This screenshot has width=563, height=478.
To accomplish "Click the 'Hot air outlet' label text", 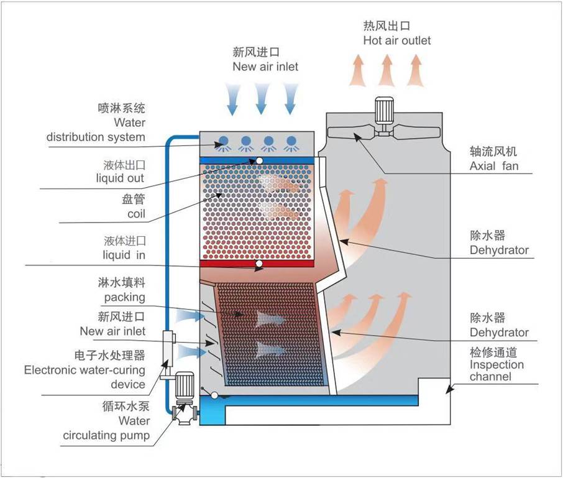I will click(x=396, y=40).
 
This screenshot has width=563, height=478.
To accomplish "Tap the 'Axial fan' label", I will click(x=493, y=166).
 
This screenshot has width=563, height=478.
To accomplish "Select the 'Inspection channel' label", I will click(x=497, y=370).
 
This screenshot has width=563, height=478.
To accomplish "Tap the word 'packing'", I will click(x=124, y=297).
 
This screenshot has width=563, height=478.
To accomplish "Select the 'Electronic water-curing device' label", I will click(x=85, y=377).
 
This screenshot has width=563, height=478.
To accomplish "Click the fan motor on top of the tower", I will click(x=383, y=113).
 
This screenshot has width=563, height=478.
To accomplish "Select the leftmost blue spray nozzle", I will click(x=223, y=142).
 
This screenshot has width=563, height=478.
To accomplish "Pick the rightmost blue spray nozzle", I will click(x=290, y=142).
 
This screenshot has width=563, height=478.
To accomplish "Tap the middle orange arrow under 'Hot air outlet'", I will click(x=387, y=70).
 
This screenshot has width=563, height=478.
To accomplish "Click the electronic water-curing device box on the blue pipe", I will click(x=168, y=344).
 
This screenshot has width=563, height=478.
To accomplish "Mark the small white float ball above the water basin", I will click(x=214, y=395).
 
